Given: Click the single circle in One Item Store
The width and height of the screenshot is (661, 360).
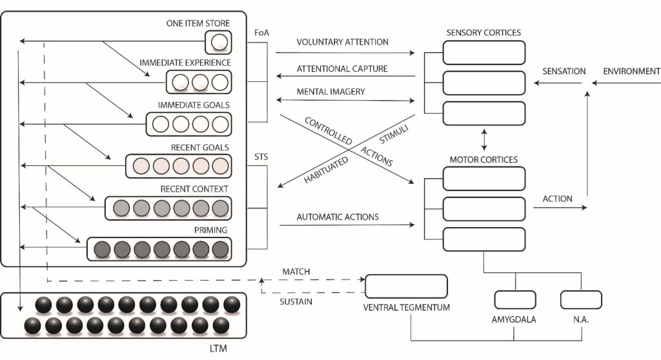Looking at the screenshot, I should [219, 43].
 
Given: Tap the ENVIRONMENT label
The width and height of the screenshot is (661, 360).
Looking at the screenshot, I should [631, 71].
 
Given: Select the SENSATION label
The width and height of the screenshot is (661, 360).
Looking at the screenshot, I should [564, 71].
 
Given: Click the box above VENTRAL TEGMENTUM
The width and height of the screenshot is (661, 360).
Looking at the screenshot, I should [407, 286].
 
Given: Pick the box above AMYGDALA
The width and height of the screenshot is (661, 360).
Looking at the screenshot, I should [515, 299].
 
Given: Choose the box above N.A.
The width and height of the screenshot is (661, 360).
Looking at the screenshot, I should [581, 299].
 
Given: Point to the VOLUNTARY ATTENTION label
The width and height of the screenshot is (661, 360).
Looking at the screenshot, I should [342, 42].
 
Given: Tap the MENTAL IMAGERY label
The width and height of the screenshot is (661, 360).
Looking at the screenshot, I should [330, 92].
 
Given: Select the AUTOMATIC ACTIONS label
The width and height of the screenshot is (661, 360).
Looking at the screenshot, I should [338, 217].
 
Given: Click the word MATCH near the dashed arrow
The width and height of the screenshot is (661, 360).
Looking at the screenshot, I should [298, 272].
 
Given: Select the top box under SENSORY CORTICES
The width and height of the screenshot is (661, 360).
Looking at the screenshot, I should [484, 53].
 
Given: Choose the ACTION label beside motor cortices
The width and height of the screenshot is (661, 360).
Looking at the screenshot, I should [557, 199].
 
